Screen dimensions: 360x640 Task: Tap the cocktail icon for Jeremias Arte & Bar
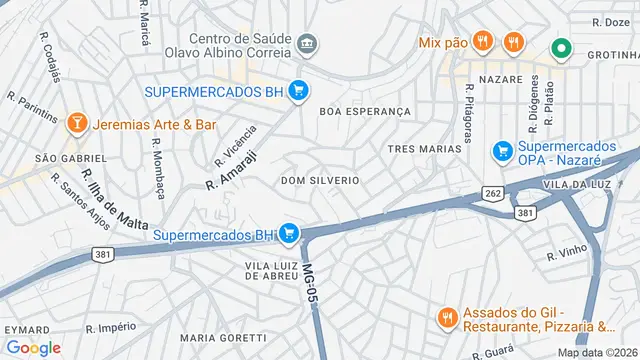pyautogui.click(x=76, y=124)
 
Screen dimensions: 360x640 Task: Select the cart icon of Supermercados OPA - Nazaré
pyautogui.click(x=503, y=152)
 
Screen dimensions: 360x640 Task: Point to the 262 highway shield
pyautogui.click(x=492, y=193)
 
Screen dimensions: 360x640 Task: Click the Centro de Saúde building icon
pyautogui.click(x=307, y=42)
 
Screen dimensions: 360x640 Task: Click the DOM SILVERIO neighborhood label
pyautogui.click(x=320, y=180)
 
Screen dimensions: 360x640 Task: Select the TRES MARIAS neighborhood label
pyautogui.click(x=424, y=148)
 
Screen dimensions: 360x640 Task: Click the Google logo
pyautogui.click(x=33, y=347)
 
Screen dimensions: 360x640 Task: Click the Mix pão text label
pyautogui.click(x=443, y=42)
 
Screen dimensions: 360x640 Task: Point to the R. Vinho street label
pyautogui.click(x=565, y=255)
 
